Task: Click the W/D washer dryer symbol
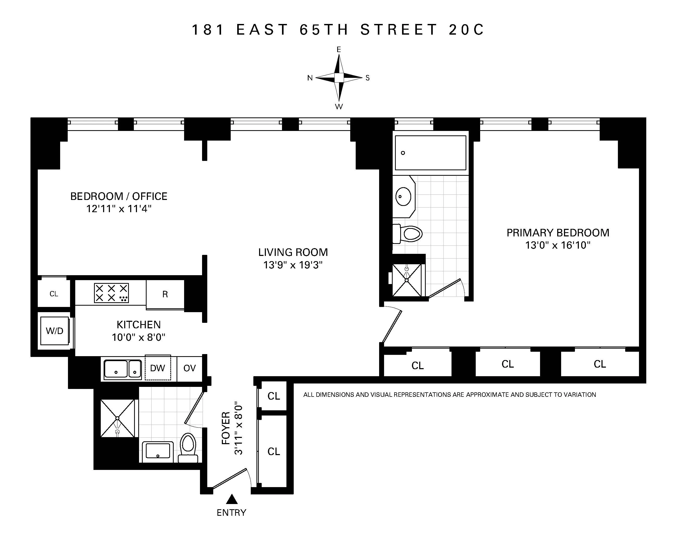pos(54,331)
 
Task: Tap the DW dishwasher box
pos(158,368)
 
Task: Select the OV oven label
pos(190,368)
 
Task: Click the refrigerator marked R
pos(165,294)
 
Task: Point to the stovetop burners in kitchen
pos(111,293)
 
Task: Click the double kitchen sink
pos(122,369)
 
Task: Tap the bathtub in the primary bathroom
pos(430,153)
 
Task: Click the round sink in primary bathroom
pos(403,197)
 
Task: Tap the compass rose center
pos(339,78)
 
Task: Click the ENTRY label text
pos(231,513)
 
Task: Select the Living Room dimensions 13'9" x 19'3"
pos(293,265)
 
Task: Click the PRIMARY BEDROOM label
pos(558,233)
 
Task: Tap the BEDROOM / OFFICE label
pos(119,196)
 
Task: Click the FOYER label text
pos(226,428)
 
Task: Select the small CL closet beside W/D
pos(54,294)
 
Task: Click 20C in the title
pos(466,30)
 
